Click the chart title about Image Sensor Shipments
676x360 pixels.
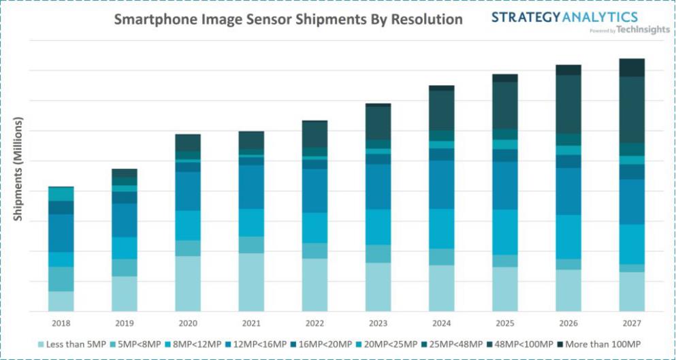pyautogui.click(x=288, y=19)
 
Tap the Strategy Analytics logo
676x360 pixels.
pyautogui.click(x=564, y=17)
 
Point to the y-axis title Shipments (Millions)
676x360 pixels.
pyautogui.click(x=18, y=169)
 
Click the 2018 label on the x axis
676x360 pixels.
pyautogui.click(x=61, y=323)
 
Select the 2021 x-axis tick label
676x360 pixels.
pyautogui.click(x=251, y=323)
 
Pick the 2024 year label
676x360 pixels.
pyautogui.click(x=441, y=323)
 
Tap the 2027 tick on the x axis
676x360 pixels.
pyautogui.click(x=631, y=323)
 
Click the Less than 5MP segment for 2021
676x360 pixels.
pyautogui.click(x=251, y=282)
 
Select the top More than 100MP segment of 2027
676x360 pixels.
pyautogui.click(x=632, y=67)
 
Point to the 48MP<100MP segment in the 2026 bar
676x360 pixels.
pyautogui.click(x=568, y=104)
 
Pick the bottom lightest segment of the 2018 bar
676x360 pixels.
pyautogui.click(x=61, y=301)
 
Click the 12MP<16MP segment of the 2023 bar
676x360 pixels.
pyautogui.click(x=378, y=186)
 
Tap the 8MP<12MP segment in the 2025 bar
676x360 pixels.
pyautogui.click(x=505, y=232)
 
